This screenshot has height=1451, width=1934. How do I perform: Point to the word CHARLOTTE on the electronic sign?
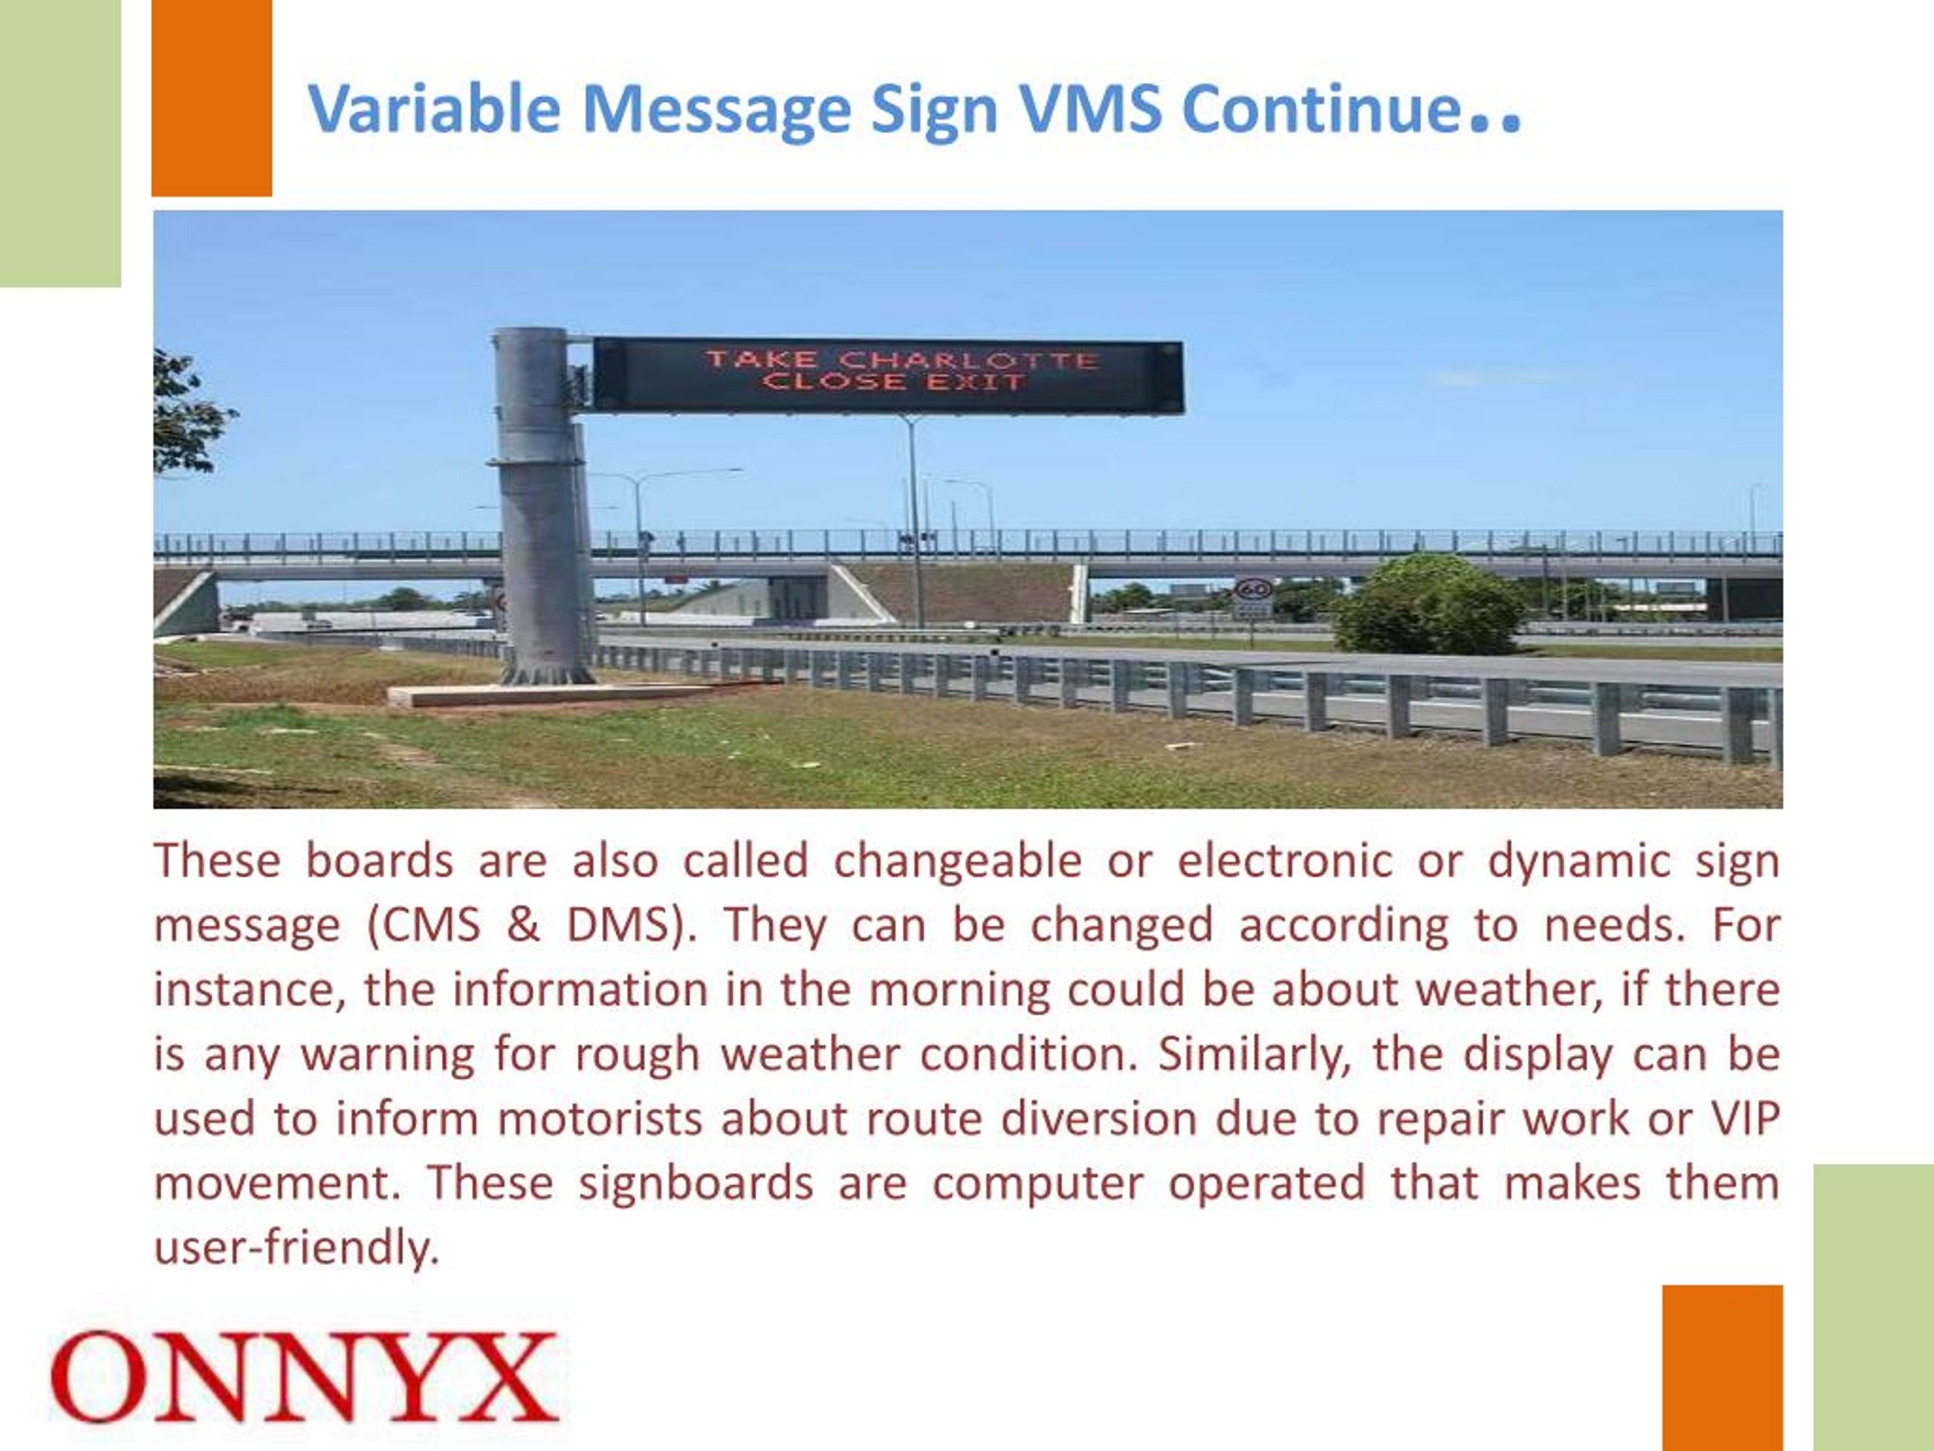click(x=968, y=360)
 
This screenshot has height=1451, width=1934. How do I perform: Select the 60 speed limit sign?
click(x=1252, y=589)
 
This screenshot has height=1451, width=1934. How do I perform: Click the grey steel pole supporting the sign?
click(x=537, y=507)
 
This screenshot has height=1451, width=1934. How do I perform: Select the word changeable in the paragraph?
click(x=957, y=861)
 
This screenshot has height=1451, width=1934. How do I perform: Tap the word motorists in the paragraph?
click(x=600, y=1118)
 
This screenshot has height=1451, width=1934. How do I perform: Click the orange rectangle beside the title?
click(x=212, y=98)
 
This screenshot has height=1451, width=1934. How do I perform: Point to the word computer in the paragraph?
click(x=1038, y=1183)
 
